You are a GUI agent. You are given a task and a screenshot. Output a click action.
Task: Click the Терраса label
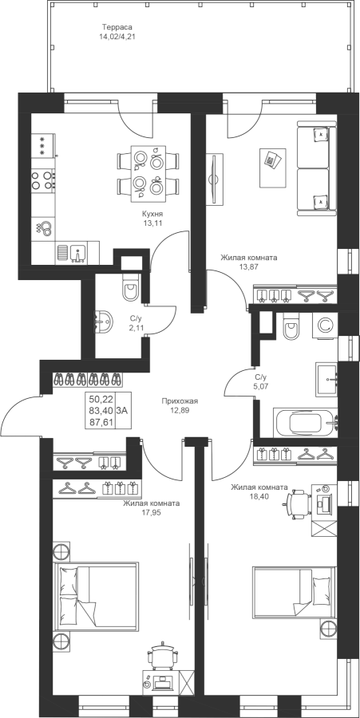[x=117, y=26]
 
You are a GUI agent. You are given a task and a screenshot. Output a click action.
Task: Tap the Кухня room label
[x=152, y=214]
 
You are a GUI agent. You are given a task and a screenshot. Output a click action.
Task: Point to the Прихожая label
[x=179, y=401]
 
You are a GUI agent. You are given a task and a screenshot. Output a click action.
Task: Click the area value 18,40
[x=259, y=496]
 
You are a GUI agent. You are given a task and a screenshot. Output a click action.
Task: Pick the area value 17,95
[x=151, y=512]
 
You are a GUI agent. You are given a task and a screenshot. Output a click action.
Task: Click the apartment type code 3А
[x=122, y=410]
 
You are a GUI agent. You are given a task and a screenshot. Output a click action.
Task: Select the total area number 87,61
[x=101, y=421]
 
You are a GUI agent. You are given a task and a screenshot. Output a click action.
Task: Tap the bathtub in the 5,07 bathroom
[x=305, y=424]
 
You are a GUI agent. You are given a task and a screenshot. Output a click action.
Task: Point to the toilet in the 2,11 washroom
[x=131, y=287]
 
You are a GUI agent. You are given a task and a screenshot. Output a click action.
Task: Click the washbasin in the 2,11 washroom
[x=103, y=322]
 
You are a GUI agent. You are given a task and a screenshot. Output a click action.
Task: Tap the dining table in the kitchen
[x=148, y=174]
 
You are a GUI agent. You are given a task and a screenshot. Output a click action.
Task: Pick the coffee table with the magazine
[x=274, y=168]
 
